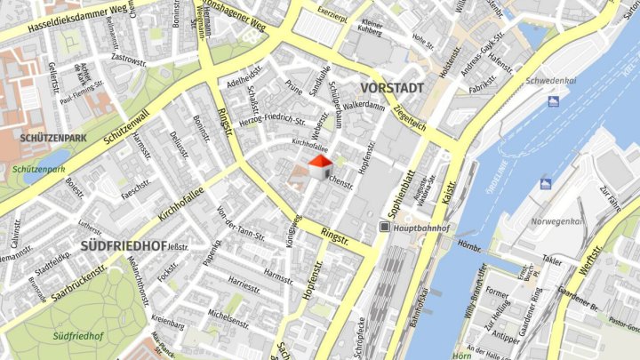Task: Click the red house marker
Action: pos(318,165)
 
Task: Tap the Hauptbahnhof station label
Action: pos(422,228)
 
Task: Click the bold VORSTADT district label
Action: pos(392,87)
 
